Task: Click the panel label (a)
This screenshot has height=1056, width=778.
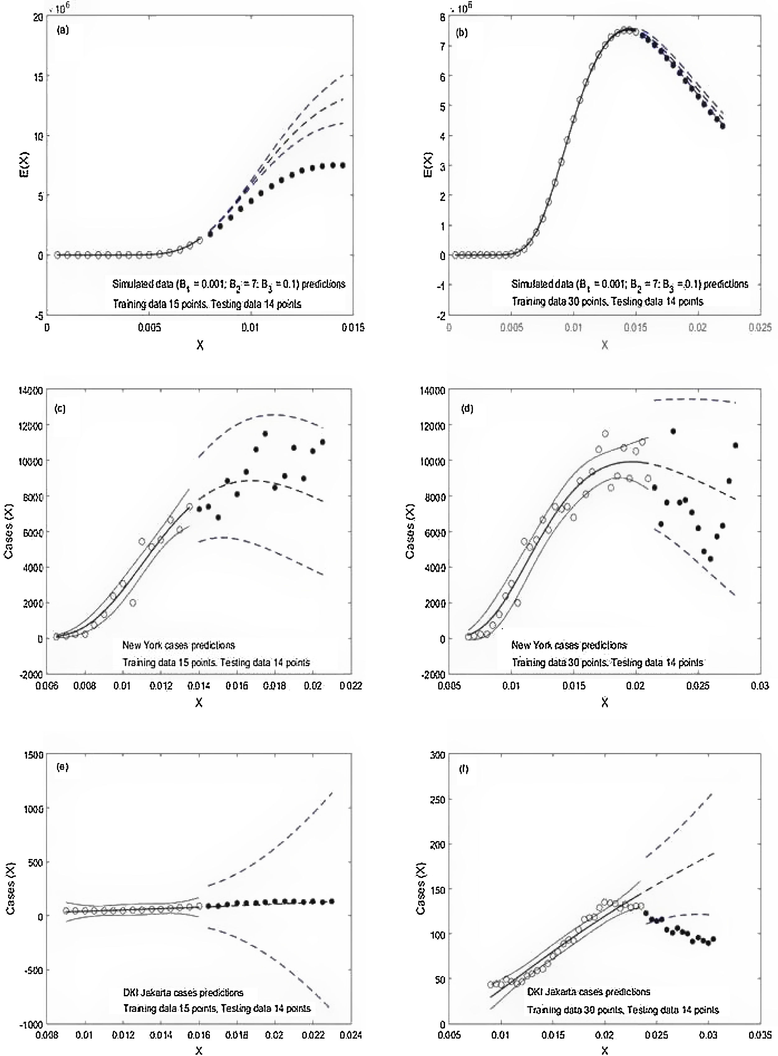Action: [x=63, y=31]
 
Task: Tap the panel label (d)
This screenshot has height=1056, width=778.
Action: [x=468, y=409]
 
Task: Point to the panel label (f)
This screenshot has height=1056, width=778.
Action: [x=464, y=769]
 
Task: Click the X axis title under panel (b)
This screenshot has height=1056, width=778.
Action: [x=605, y=345]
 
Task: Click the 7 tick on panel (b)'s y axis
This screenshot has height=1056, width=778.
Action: [x=443, y=46]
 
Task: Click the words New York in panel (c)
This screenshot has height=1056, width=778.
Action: [x=140, y=645]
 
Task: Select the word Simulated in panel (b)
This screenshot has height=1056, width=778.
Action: [x=531, y=284]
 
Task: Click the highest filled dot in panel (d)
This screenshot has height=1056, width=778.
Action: [x=673, y=431]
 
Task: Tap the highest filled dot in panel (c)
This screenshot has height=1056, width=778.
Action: [x=265, y=434]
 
